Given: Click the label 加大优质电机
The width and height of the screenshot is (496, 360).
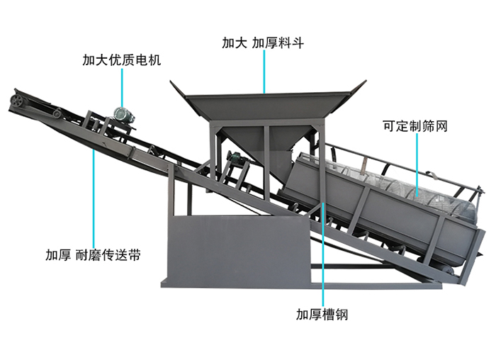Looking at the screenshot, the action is (x=121, y=60).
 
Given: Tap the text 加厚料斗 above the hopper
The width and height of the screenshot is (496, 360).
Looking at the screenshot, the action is (x=278, y=43).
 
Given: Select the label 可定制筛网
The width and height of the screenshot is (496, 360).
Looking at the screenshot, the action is (x=415, y=126).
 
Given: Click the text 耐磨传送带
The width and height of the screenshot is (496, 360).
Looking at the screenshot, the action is (x=108, y=255).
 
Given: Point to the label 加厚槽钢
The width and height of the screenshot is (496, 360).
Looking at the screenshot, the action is (x=322, y=315).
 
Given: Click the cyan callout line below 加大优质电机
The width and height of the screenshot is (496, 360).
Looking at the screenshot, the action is (x=122, y=89).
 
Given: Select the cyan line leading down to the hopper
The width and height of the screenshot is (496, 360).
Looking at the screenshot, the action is (x=264, y=72).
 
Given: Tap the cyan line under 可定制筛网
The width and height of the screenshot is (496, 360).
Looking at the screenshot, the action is (x=417, y=165).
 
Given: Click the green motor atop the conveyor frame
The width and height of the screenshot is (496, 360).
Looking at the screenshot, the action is (x=123, y=115).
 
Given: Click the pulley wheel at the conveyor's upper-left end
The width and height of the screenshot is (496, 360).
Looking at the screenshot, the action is (x=16, y=101).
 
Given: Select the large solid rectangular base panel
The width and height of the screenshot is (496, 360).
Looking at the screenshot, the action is (x=238, y=249).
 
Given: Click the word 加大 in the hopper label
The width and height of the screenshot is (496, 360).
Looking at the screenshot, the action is (x=234, y=43).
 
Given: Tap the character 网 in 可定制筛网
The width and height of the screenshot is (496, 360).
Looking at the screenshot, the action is (x=441, y=126).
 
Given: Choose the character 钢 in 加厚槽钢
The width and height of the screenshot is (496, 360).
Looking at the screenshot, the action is (x=342, y=315).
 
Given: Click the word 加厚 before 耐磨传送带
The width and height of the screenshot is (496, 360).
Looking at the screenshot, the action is (x=58, y=255).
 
